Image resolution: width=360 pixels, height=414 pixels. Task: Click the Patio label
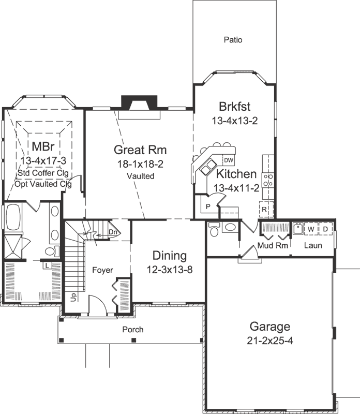click(233, 40)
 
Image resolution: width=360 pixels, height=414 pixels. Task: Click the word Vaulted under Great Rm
click(140, 176)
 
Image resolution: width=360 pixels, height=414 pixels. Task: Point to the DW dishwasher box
click(229, 159)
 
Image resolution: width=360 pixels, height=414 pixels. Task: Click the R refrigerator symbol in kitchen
click(264, 209)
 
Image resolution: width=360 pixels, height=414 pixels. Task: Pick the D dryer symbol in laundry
click(325, 228)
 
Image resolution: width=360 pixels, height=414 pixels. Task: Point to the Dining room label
click(170, 256)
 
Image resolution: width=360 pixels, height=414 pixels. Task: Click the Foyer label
click(102, 270)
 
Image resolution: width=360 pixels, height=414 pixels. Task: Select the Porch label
click(132, 329)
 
